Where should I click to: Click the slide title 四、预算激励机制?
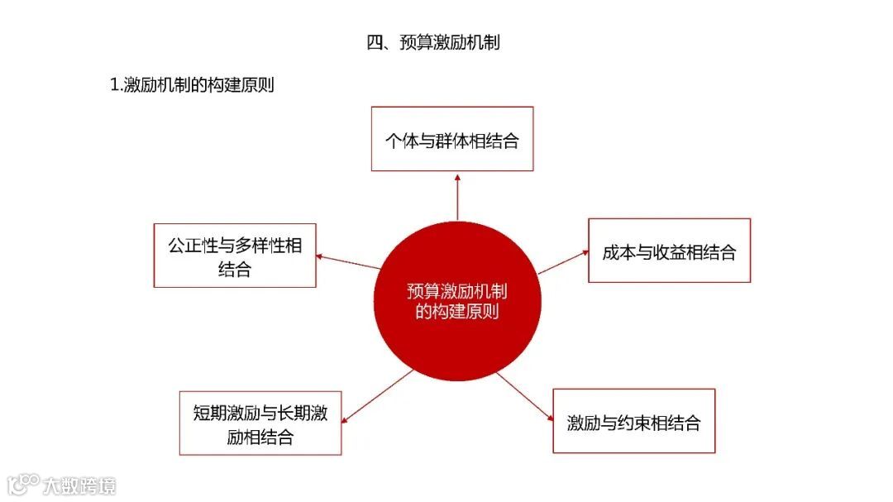point(433,43)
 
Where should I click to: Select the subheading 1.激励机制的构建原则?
point(192,85)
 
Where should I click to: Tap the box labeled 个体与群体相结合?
point(451,139)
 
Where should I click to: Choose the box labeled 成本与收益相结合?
point(669,251)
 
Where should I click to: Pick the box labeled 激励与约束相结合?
point(633,421)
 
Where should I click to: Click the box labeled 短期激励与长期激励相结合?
point(260,423)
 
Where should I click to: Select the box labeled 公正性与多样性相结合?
point(235,256)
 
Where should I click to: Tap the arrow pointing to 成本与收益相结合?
point(563,261)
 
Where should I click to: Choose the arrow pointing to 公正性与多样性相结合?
point(348,261)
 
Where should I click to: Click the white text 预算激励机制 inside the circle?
point(457,291)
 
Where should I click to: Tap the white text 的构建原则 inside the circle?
point(457,313)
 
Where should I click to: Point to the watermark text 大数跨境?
point(80,485)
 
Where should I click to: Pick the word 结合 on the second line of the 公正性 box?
point(235,269)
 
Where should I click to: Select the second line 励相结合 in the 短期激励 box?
point(260,437)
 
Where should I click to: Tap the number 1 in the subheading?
point(114,85)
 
